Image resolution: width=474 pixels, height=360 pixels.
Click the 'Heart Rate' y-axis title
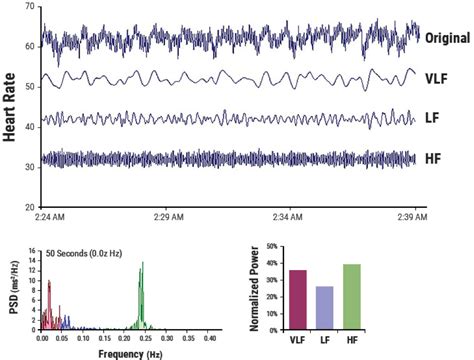pos(11,109)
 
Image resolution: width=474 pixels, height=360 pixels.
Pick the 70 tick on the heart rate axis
pos(31,7)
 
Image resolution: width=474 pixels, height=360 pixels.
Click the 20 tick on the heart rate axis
pos(31,207)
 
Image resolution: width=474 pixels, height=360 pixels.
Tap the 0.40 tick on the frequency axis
pos(208,339)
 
